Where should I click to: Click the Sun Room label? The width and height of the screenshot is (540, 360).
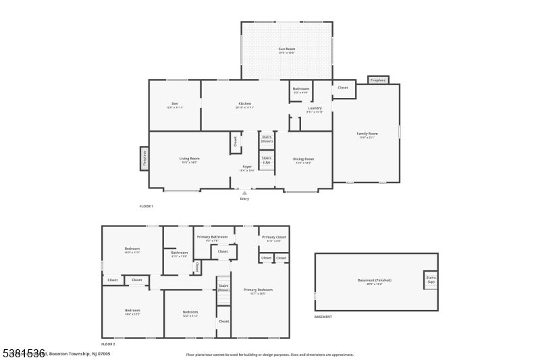click(x=287, y=50)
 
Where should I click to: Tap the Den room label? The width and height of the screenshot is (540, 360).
click(x=175, y=105)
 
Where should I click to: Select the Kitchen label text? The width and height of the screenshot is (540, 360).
click(x=244, y=105)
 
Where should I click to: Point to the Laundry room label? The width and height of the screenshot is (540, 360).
click(x=315, y=109)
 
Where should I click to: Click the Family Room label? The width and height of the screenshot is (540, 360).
click(x=367, y=134)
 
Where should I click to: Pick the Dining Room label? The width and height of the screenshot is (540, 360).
click(x=303, y=160)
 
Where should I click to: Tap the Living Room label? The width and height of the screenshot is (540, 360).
click(x=189, y=159)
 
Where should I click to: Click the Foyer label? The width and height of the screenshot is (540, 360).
click(x=247, y=167)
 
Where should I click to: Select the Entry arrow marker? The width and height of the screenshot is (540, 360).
click(x=244, y=193)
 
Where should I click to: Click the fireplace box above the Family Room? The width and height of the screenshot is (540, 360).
click(x=378, y=80)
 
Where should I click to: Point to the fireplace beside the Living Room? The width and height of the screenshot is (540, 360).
click(x=144, y=158)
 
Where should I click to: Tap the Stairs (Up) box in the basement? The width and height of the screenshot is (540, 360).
click(x=431, y=280)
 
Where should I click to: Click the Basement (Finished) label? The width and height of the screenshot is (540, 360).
click(x=374, y=281)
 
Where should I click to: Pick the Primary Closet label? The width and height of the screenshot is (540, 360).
click(x=274, y=238)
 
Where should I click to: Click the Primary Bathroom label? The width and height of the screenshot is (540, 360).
click(x=212, y=238)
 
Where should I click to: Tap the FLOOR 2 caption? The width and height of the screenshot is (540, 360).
click(x=108, y=344)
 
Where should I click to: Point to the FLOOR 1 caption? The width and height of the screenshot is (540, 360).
click(x=146, y=205)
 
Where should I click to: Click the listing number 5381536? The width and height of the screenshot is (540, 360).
click(x=23, y=353)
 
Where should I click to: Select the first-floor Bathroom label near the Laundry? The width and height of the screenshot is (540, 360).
click(x=301, y=90)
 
